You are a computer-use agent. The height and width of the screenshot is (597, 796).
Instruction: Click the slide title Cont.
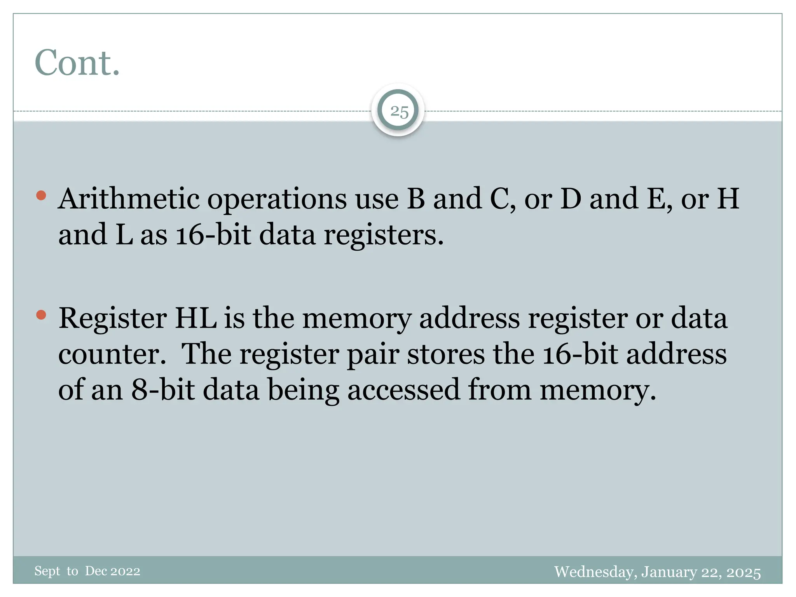point(77,63)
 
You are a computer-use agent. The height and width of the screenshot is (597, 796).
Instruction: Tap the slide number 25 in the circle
point(399,112)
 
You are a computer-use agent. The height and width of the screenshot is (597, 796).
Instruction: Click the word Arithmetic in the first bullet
point(129,199)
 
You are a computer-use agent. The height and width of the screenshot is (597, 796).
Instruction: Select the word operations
point(277,199)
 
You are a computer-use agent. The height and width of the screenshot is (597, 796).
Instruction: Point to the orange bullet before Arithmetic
point(41,195)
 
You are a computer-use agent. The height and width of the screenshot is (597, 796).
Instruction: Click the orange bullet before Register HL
point(41,314)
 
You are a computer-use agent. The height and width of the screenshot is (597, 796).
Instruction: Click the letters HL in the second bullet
point(196,318)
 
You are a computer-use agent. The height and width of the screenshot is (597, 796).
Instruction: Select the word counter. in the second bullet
point(112,354)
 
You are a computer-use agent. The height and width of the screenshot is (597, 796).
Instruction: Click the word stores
point(446,354)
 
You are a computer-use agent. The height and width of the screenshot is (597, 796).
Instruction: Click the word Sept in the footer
point(47,571)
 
